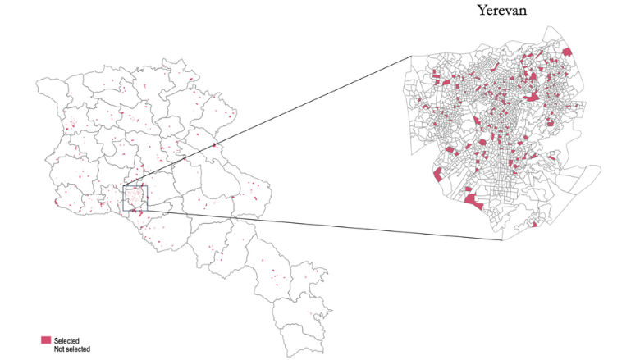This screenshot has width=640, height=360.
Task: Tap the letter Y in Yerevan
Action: click(x=482, y=12)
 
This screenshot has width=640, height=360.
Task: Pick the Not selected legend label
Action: click(x=71, y=349)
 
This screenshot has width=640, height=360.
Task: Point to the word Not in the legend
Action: click(x=59, y=349)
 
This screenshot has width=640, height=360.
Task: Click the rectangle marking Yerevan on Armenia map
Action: click(x=135, y=198)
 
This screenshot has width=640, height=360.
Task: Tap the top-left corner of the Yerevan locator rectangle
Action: click(x=123, y=186)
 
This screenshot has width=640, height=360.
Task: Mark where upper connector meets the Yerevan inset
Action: click(x=410, y=56)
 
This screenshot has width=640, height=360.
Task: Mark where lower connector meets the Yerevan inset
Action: click(x=491, y=240)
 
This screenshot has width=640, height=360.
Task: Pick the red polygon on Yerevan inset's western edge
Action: click(x=438, y=175)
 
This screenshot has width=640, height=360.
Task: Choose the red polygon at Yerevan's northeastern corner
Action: click(x=567, y=52)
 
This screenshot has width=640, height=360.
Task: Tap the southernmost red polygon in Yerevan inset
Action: click(x=534, y=224)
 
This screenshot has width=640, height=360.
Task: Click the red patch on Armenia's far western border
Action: click(x=55, y=202)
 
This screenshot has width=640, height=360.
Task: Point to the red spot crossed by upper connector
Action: click(x=215, y=145)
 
